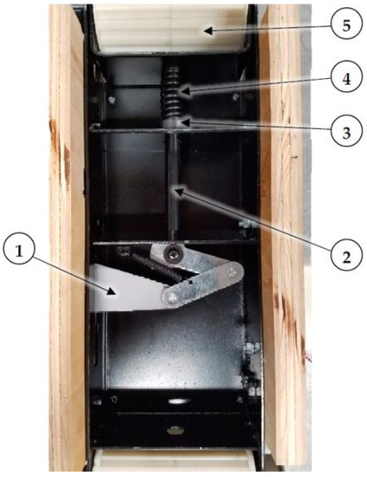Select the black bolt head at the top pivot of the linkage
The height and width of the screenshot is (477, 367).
177,254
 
